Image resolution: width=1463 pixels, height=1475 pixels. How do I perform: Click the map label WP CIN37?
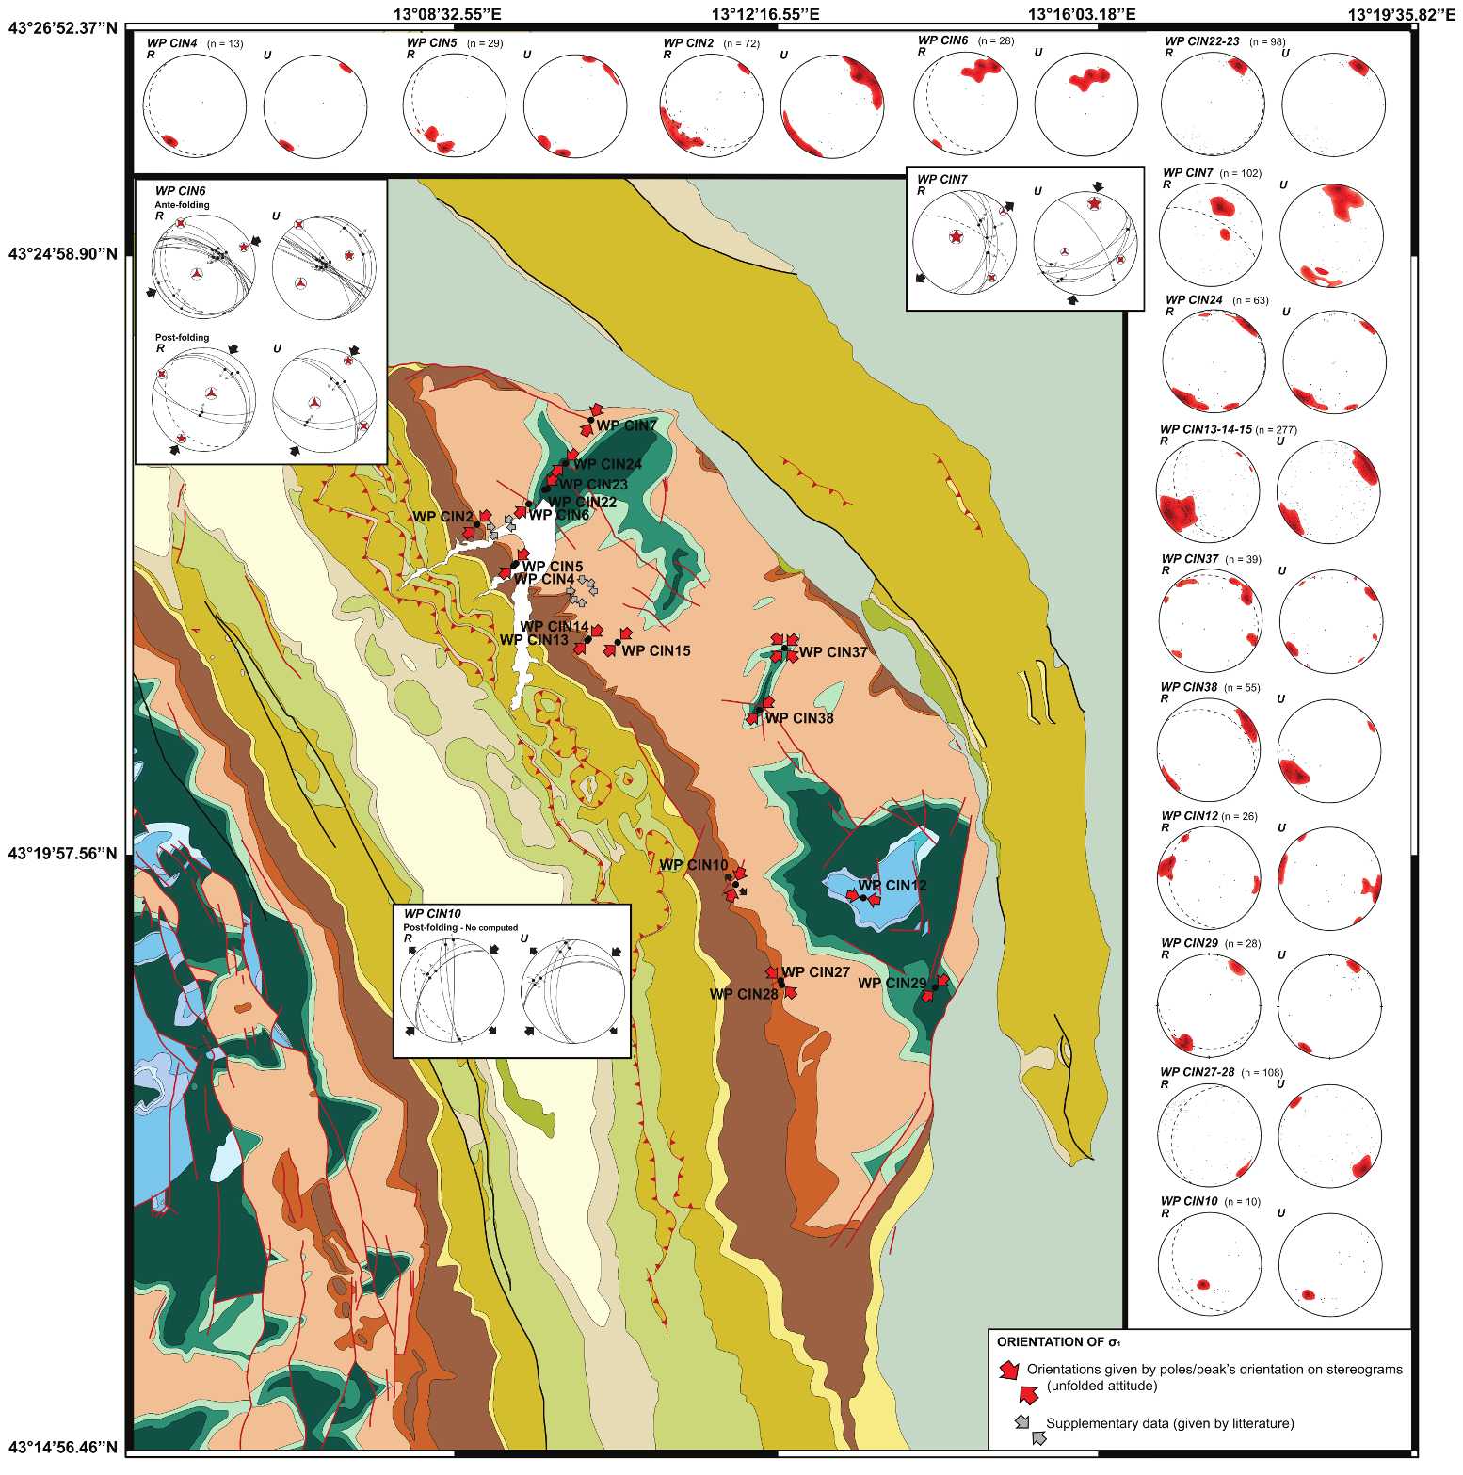pos(833,652)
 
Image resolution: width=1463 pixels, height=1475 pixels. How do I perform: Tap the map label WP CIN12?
pos(892,886)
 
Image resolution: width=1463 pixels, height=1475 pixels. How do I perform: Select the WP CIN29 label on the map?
pos(892,984)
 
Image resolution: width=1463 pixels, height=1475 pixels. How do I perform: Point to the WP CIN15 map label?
pos(656,651)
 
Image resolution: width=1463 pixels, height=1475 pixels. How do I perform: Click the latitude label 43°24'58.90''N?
pos(63,254)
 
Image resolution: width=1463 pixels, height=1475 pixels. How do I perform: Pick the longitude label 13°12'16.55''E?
pos(765,14)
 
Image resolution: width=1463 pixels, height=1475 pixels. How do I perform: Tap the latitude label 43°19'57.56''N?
pos(63,854)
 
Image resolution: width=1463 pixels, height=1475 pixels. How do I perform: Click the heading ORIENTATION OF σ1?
pos(1058,1342)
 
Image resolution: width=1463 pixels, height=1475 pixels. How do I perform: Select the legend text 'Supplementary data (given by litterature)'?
pos(1169,1423)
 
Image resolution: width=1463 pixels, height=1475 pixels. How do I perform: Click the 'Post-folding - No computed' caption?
pos(460,928)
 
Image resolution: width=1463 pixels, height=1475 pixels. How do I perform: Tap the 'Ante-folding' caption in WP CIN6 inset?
pos(182,205)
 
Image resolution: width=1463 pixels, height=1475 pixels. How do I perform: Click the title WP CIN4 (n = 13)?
pos(194,43)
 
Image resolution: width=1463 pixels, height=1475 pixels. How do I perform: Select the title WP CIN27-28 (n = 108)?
pos(1221,1073)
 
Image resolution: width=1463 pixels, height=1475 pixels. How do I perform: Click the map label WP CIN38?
pos(799,718)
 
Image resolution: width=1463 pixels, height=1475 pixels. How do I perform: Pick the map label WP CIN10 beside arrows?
pos(693,865)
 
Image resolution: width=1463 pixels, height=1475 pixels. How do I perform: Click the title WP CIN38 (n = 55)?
pos(1209,688)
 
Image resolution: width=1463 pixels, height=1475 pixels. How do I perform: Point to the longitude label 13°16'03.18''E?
pos(1082,14)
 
